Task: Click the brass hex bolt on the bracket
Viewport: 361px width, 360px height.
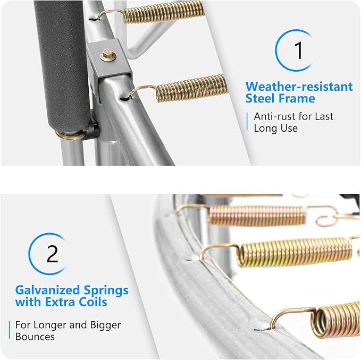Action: tap(108, 55)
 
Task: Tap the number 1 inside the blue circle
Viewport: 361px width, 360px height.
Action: tap(299, 50)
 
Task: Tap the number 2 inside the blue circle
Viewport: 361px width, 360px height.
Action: tap(52, 254)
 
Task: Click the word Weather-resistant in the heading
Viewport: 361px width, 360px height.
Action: tap(299, 87)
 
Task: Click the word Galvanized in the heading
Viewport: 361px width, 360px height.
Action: tap(48, 290)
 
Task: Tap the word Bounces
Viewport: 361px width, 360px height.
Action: tap(35, 337)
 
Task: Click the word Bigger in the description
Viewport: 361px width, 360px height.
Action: tap(105, 325)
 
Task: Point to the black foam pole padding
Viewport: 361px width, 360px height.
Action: tap(63, 67)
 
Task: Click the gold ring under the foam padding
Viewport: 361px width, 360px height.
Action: tap(69, 135)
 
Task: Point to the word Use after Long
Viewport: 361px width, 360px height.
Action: tap(289, 128)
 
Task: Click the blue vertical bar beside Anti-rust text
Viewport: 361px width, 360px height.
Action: tap(247, 122)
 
